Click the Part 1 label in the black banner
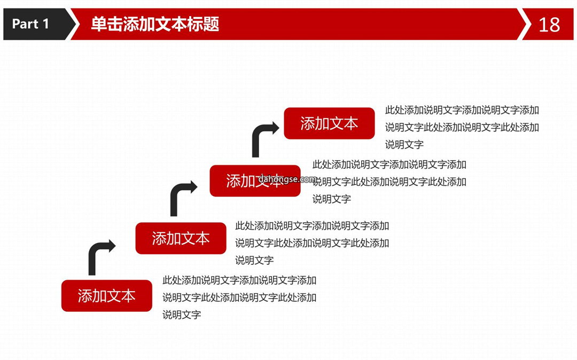coord(30,24)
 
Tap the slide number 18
coord(549,25)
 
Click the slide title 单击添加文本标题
coord(155,24)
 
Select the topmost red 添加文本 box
coord(329,123)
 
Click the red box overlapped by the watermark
coord(255,181)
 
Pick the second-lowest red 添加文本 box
coord(181,238)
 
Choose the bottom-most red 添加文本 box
coord(107,296)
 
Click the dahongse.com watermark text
coord(287,179)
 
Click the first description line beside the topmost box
coord(462,110)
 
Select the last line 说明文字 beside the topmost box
coord(404,145)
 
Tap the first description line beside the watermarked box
coord(389,165)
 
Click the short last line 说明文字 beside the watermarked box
coord(332,199)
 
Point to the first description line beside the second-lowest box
coord(312,225)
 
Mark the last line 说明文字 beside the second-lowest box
coord(254,260)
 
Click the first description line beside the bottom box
coord(239,280)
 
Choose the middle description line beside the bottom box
coord(239,297)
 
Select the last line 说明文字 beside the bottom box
coord(182,315)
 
